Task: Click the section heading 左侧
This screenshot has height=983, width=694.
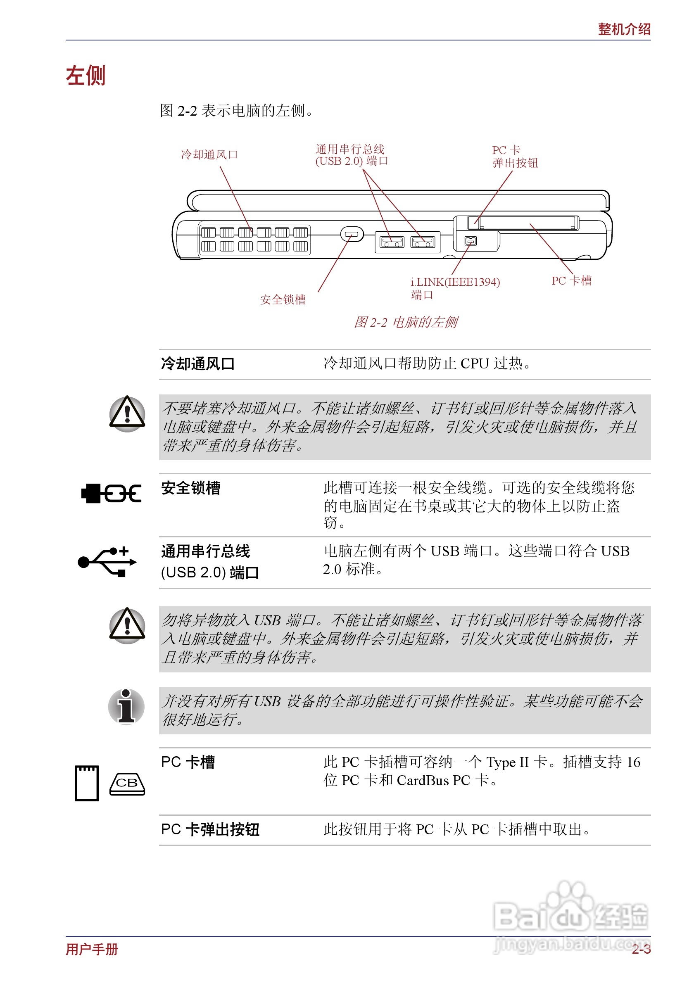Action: click(x=85, y=76)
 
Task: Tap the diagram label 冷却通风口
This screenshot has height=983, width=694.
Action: click(x=209, y=154)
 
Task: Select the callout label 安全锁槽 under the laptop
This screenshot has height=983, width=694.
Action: click(x=283, y=299)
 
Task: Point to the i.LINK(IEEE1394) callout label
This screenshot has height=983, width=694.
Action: click(x=455, y=282)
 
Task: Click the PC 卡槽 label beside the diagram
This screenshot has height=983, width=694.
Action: click(x=571, y=280)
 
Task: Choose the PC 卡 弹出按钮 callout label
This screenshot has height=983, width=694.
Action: click(x=515, y=157)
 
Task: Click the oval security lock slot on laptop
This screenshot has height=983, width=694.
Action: click(x=352, y=234)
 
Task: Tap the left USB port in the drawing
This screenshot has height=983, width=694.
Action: click(x=392, y=242)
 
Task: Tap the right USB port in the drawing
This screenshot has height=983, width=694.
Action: click(x=423, y=242)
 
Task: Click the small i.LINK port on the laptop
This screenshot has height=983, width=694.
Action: click(x=471, y=241)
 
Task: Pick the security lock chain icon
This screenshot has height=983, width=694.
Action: click(x=111, y=493)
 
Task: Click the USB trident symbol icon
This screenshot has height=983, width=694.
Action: click(x=107, y=561)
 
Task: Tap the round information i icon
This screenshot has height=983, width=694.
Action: click(x=126, y=706)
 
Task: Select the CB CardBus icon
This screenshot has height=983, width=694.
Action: click(x=127, y=784)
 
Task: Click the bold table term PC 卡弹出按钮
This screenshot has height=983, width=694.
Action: click(x=210, y=829)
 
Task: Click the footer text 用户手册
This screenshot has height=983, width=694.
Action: click(x=92, y=949)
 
